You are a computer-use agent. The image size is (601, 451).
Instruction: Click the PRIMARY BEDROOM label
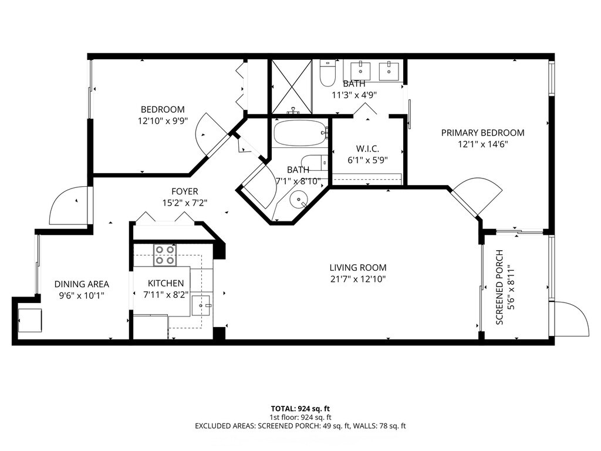482,133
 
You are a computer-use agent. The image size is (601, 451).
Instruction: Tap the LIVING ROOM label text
358,267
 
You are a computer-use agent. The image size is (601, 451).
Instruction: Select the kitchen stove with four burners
165,255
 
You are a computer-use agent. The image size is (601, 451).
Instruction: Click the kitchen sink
201,305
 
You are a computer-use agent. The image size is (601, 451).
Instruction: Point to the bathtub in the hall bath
300,133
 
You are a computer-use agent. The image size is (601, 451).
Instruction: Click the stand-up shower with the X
292,87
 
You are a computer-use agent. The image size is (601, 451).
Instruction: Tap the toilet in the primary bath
327,73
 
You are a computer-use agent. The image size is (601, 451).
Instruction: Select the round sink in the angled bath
299,199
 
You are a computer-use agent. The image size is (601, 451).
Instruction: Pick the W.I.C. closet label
367,149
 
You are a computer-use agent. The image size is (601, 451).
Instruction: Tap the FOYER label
185,191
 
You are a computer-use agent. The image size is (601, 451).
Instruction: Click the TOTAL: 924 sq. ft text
300,409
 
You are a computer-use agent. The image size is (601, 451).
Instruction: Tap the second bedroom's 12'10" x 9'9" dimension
163,121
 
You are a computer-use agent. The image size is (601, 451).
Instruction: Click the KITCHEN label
166,283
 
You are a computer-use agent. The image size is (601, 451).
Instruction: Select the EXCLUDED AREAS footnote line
300,426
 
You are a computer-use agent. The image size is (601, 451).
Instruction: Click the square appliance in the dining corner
30,320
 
